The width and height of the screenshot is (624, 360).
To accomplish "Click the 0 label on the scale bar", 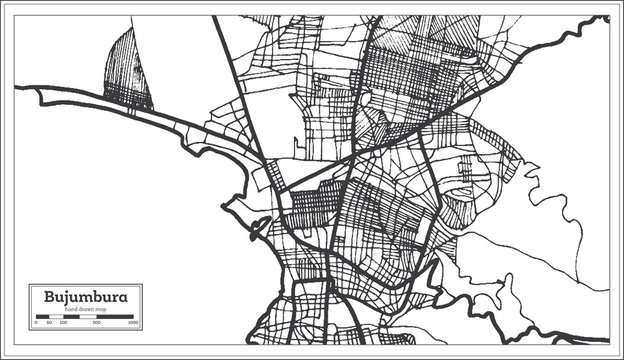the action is [x=36, y=324].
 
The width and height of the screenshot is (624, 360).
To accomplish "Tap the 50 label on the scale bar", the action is [x=48, y=324].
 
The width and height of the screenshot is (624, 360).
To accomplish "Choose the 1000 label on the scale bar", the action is [x=133, y=324].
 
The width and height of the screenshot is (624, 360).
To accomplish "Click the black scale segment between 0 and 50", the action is [x=41, y=317].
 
